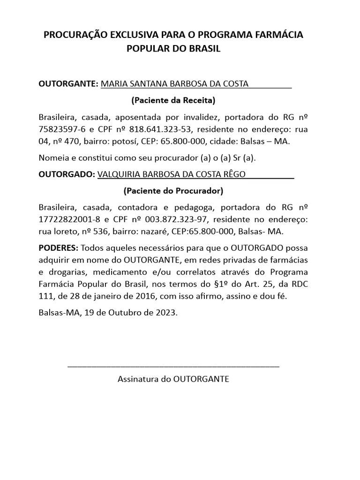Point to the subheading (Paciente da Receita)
point(173,100)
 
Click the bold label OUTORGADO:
point(66,174)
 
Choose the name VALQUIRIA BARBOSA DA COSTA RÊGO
point(171,174)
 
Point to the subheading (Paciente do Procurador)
point(173,191)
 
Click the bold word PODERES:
point(58,247)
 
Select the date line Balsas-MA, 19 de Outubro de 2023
point(108,313)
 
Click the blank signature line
point(173,365)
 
